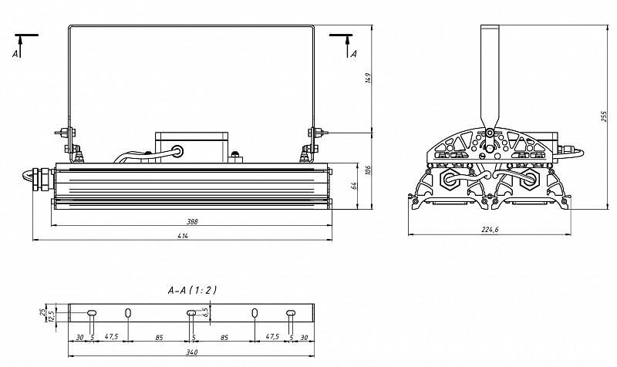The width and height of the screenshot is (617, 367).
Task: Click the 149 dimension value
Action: pyautogui.click(x=368, y=78)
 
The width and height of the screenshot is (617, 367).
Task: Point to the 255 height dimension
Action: pyautogui.click(x=604, y=116)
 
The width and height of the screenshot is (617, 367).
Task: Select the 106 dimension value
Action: pyautogui.click(x=368, y=170)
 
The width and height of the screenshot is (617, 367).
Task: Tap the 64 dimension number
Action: pyautogui.click(x=353, y=185)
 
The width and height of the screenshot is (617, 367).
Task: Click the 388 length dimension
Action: pyautogui.click(x=191, y=221)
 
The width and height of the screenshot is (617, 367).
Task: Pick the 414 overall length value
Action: pyautogui.click(x=183, y=236)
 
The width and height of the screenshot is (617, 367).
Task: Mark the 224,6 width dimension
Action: pyautogui.click(x=490, y=230)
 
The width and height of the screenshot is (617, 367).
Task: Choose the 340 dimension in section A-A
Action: pyautogui.click(x=191, y=352)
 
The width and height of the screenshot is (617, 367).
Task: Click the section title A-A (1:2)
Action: pyautogui.click(x=192, y=291)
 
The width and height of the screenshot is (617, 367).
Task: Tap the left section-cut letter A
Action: pyautogui.click(x=15, y=53)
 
